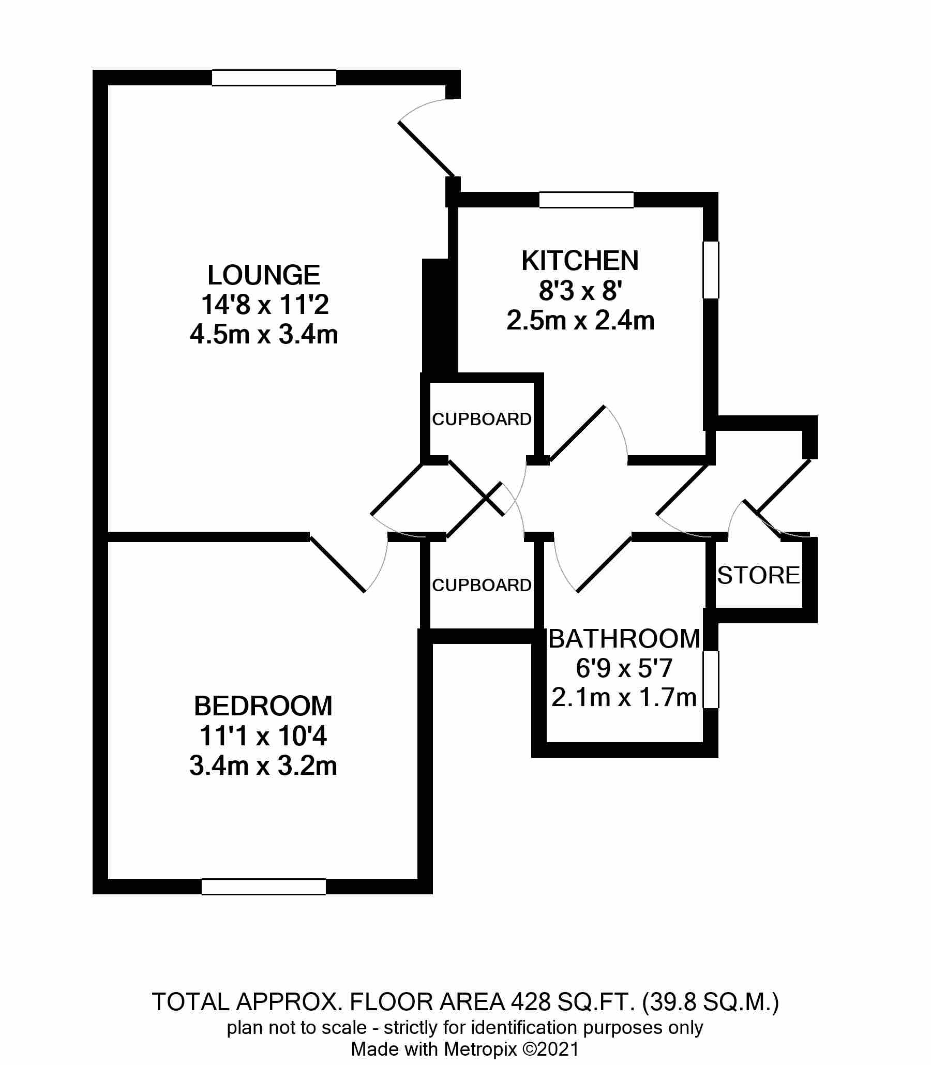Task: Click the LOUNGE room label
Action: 263,275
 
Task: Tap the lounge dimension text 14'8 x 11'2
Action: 264,305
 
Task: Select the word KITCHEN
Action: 580,261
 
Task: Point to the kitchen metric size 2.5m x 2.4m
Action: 580,321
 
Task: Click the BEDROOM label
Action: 263,706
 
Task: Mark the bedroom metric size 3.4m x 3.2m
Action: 263,766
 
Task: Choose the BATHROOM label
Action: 624,638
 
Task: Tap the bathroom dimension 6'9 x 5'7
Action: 624,668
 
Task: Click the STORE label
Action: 758,576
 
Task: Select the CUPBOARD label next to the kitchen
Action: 482,419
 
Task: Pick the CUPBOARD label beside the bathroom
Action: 482,586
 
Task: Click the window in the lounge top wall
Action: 274,78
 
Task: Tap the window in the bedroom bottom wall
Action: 263,887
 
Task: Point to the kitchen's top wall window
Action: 586,200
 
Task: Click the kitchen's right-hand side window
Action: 711,269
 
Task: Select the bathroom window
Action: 711,680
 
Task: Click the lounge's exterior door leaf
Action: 426,149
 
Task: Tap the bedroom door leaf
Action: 338,563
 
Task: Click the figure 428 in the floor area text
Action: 531,1002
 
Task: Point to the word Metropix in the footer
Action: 480,1049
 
